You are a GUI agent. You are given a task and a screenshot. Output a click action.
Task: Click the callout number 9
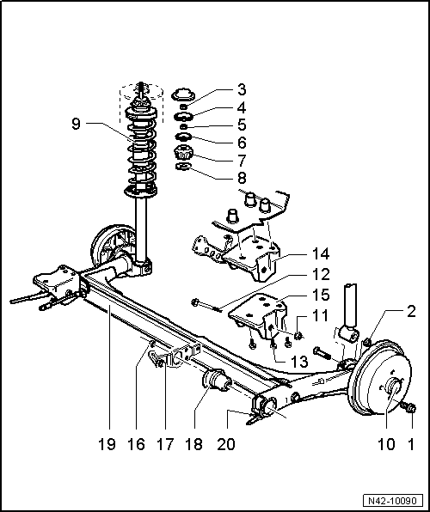point(78,124)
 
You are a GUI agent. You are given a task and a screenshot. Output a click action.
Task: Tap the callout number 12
point(298,276)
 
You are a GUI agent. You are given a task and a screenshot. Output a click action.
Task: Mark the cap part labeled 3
point(181,94)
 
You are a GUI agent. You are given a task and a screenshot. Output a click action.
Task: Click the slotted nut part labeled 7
point(183,155)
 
